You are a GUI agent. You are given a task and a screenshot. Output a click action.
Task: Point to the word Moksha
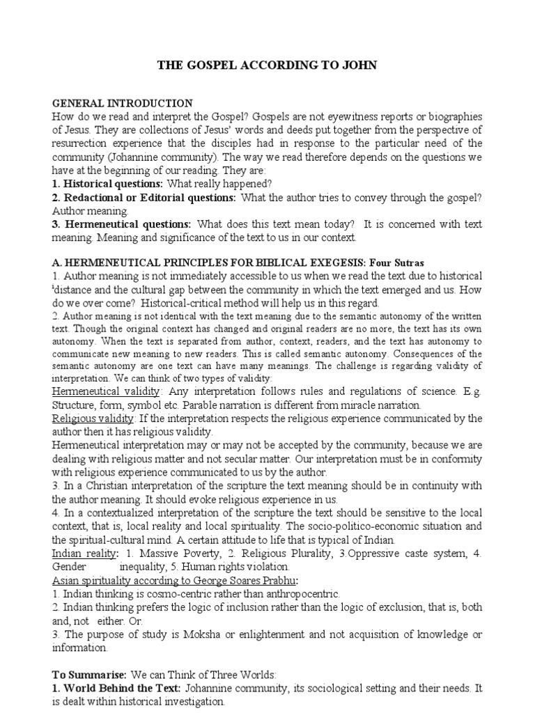pyautogui.click(x=201, y=634)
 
